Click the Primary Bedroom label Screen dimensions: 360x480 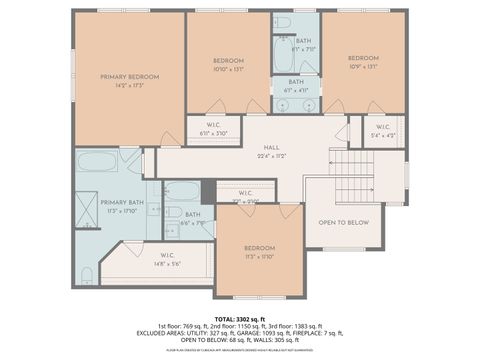coord(130,77)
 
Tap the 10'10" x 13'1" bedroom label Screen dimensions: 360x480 coord(228,62)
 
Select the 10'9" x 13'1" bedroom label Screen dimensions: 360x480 coord(363,58)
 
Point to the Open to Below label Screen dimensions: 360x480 coord(343,222)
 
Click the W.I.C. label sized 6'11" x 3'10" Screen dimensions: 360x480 coord(214,127)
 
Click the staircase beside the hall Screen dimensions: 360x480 coord(353,175)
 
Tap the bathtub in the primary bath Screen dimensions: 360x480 coord(97,162)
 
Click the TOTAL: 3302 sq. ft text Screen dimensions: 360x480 coord(239,317)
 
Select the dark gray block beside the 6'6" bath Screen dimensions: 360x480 coord(208,191)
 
